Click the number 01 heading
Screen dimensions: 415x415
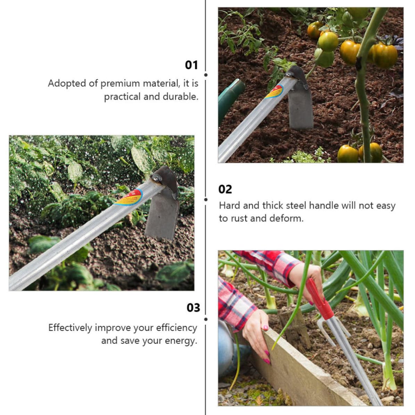coord(191,65)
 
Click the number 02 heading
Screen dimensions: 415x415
coord(225,190)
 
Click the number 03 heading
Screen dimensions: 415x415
coord(193,308)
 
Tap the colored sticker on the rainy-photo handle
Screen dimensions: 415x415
coord(129,198)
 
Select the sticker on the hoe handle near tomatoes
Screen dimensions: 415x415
coord(274,92)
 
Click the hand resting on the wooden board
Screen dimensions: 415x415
coord(256,337)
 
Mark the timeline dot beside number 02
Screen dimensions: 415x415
coord(206,200)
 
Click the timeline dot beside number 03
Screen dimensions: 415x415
coord(206,319)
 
